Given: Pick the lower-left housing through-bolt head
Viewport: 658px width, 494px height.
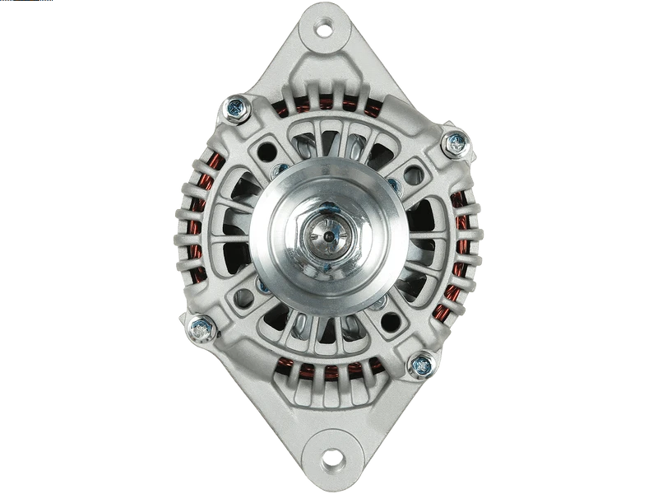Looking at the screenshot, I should tap(201, 329).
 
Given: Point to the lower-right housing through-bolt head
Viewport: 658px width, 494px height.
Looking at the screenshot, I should tap(422, 365).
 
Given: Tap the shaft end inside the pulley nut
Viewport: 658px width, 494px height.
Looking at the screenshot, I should tap(328, 237).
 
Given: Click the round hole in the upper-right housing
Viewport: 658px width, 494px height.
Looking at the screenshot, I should tap(413, 175).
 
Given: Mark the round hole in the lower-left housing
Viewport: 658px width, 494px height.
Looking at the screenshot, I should tap(244, 297).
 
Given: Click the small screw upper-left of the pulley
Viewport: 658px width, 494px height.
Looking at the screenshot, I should tap(280, 171).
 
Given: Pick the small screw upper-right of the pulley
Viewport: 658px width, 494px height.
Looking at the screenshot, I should tap(394, 186).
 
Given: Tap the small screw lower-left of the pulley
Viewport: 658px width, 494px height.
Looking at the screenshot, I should tap(263, 286).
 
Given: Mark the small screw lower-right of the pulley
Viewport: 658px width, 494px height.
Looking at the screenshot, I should tap(378, 303).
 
